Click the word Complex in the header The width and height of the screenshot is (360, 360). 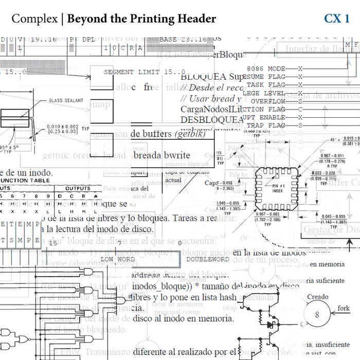coord(34,19)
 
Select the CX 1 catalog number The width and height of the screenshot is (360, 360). coord(336,19)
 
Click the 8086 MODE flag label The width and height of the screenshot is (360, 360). coord(266,68)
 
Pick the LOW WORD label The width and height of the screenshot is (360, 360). coord(117,259)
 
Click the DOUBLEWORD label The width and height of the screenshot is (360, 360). coord(207,259)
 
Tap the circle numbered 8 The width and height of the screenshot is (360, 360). coord(317,315)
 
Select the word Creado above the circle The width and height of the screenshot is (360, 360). coord(317,297)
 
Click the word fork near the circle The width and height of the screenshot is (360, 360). coord(344,308)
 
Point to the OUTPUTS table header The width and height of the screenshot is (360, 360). coord(77,188)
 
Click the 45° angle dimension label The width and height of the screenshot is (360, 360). coord(334,139)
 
